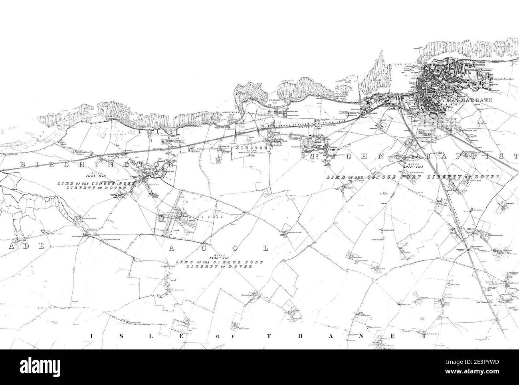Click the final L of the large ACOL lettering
click(x=265, y=248)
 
